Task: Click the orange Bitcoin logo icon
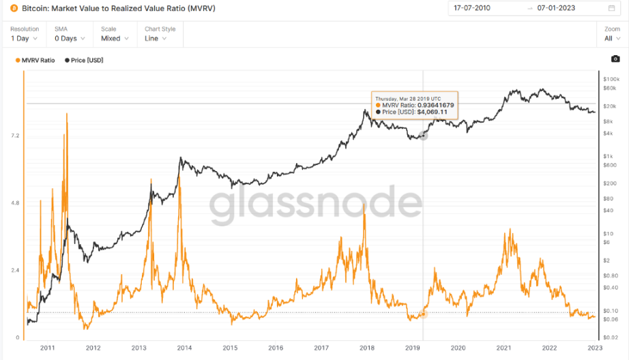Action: [x=14, y=8]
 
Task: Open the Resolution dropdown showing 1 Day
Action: [x=24, y=39]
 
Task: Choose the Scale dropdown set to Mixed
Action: [x=114, y=39]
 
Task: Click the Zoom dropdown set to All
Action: [x=612, y=39]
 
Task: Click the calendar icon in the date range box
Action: [x=611, y=8]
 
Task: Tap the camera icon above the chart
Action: [x=615, y=59]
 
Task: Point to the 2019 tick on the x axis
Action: [x=413, y=348]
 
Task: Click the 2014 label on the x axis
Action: [x=184, y=348]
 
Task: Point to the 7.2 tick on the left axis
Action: [x=14, y=136]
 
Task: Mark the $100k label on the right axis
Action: [x=609, y=80]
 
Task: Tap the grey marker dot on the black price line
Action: [x=423, y=136]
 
